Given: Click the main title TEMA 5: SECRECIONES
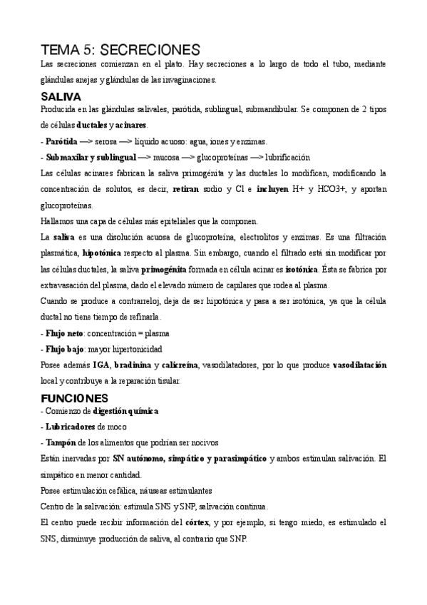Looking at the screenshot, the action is [121, 49].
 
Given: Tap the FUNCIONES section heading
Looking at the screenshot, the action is [74, 398].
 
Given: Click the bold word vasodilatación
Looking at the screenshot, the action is [359, 365].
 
